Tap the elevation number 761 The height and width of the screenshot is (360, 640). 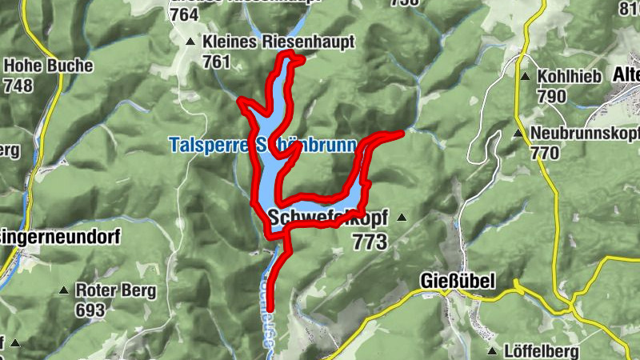click(216, 62)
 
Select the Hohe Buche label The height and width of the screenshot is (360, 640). click(48, 66)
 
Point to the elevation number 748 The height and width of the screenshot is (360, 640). click(19, 85)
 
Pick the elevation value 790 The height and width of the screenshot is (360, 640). click(551, 97)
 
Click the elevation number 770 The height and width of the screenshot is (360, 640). click(543, 153)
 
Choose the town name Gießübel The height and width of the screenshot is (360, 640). click(457, 281)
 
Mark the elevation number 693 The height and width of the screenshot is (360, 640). click(90, 309)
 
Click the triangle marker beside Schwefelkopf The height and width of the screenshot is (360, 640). click(402, 217)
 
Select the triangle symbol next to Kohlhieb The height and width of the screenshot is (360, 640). click(525, 78)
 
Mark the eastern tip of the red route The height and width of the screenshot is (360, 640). click(402, 133)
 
